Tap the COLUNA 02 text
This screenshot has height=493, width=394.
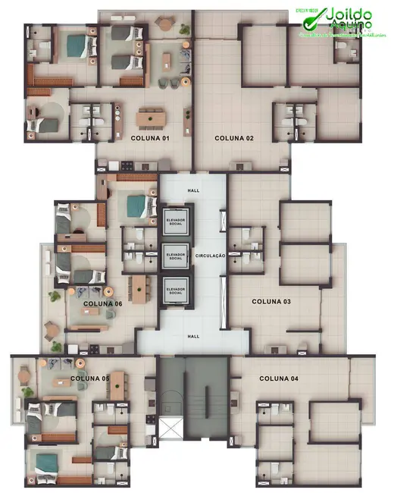[233, 138]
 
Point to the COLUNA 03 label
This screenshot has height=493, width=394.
[271, 302]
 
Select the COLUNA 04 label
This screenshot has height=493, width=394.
[279, 378]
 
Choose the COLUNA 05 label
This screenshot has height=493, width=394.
[89, 378]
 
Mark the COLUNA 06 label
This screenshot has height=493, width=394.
[102, 304]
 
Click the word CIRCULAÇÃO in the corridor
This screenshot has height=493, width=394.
[211, 256]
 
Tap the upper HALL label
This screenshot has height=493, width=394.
[192, 190]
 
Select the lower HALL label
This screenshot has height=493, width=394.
[192, 334]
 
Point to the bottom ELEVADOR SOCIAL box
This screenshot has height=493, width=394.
[175, 289]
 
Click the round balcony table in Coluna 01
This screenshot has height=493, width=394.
[165, 24]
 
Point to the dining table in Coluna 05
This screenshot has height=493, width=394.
[117, 385]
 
